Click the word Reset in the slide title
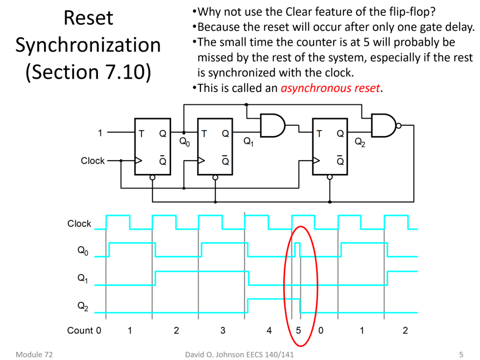point(88,18)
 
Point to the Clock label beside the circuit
point(92,161)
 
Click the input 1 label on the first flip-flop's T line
point(100,133)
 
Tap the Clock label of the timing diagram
point(79,224)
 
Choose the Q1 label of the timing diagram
point(82,279)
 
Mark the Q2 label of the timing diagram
point(82,307)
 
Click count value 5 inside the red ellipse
point(298,330)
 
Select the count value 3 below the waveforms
point(223,330)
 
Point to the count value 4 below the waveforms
point(269,330)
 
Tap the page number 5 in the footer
point(461,354)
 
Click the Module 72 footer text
point(34,354)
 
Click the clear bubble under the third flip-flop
point(330,178)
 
